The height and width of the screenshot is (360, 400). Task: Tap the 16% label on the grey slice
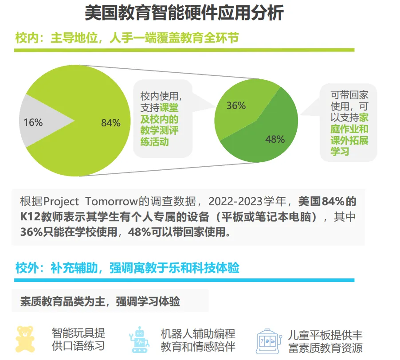point(33,122)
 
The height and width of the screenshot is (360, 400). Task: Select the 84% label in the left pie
point(110,123)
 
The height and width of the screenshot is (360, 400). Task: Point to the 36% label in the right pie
point(236,106)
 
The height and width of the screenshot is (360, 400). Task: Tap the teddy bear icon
point(25,339)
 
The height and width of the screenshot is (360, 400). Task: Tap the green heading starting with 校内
point(127,38)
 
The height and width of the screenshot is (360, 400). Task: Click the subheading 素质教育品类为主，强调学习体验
point(100,301)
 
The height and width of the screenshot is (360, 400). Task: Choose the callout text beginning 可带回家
point(349,123)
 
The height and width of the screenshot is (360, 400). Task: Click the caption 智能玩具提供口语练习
point(78,340)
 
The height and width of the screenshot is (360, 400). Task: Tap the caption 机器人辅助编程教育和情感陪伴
point(198,340)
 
